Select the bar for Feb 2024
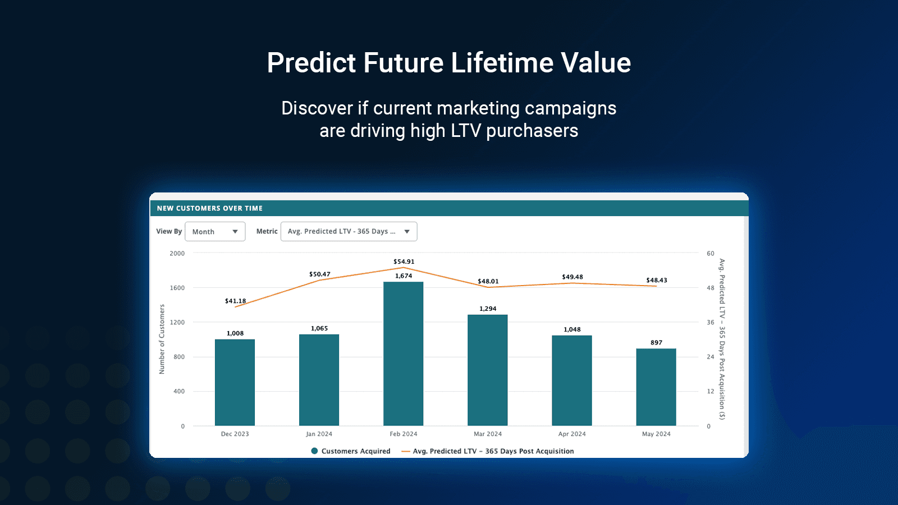[403, 353]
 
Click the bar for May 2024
[656, 387]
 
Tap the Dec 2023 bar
[235, 382]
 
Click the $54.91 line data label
[404, 261]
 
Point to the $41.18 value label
[235, 301]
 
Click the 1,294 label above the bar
[488, 309]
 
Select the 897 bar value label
[656, 342]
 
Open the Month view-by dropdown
[215, 232]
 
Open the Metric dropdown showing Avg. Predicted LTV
[349, 232]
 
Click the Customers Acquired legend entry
[351, 451]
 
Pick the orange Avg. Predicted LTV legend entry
[488, 451]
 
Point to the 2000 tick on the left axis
[177, 254]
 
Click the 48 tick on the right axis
[711, 288]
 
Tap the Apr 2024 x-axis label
[571, 434]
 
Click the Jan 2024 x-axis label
[319, 434]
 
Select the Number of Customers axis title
[162, 339]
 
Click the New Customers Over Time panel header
[209, 208]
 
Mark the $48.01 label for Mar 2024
[488, 281]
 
